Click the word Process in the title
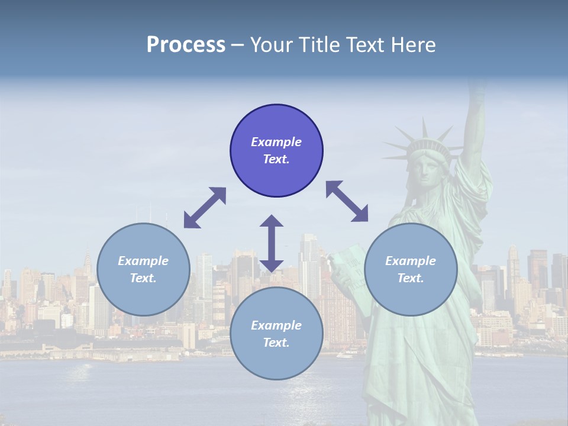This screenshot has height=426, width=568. (186, 45)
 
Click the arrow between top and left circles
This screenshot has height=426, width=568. (205, 208)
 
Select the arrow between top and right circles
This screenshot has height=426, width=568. (347, 201)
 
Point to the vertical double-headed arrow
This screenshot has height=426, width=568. (272, 243)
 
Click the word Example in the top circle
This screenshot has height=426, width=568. (276, 142)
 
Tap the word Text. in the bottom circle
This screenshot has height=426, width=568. (276, 343)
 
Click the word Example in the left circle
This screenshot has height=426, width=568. (143, 261)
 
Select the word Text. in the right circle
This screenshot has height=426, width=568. (411, 278)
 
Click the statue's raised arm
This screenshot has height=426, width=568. (475, 118)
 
